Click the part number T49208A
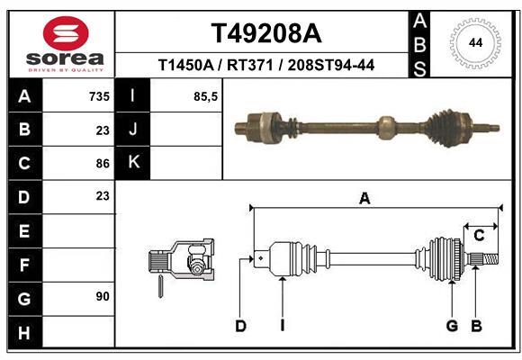pos(265,33)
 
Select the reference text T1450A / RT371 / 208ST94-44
pos(265,65)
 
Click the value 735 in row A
pos(99,96)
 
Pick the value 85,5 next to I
pos(206,96)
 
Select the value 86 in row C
pos(103,164)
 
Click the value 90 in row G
pos(103,296)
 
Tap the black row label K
pos(134,163)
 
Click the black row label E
pos(23,230)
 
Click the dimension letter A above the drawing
pos(364,199)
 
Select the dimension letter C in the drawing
pos(479,236)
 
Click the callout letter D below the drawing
pos(240,326)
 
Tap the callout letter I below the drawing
pos(282,326)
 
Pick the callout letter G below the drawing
pos(452,326)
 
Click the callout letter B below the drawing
pos(477,326)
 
